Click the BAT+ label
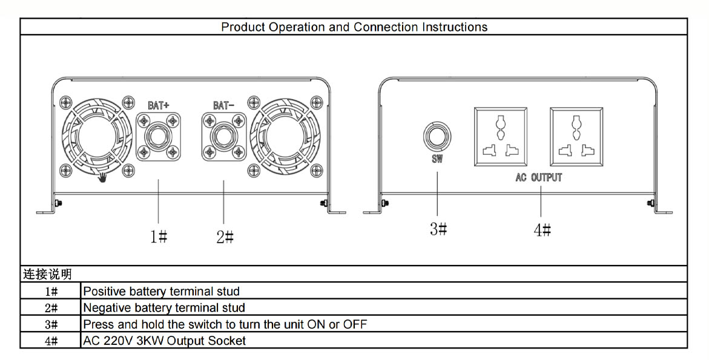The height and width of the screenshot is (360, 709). click(x=158, y=105)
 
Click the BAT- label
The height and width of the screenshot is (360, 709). click(x=224, y=105)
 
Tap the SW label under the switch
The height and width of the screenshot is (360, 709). click(x=437, y=159)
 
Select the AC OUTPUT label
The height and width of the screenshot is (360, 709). click(x=538, y=177)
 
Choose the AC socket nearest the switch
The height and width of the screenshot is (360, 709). click(x=501, y=136)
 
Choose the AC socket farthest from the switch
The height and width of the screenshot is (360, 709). click(x=576, y=136)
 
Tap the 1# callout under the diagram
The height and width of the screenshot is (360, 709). click(x=159, y=236)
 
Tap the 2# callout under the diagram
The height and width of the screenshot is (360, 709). click(x=225, y=237)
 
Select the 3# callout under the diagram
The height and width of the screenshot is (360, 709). click(x=438, y=229)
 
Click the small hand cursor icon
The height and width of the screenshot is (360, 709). click(x=104, y=177)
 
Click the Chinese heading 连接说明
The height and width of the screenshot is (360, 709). click(x=47, y=274)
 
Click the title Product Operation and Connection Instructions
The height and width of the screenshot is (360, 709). click(x=354, y=27)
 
